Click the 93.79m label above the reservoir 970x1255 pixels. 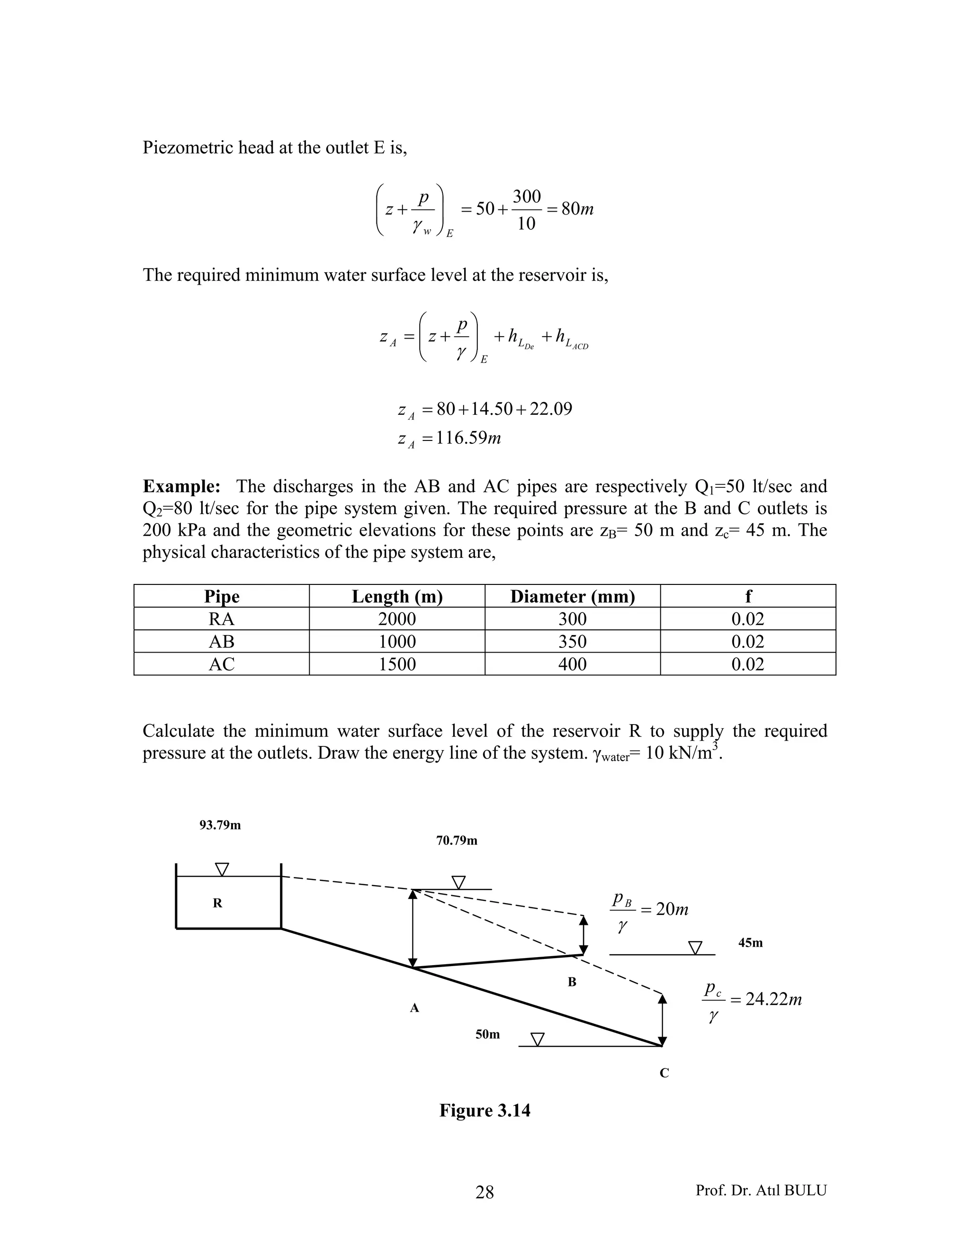tap(220, 825)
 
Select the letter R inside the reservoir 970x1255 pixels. tap(217, 903)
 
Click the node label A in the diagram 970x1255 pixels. tap(414, 1008)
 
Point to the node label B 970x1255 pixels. tap(572, 982)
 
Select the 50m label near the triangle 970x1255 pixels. tap(487, 1034)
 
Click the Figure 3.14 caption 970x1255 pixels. tap(485, 1110)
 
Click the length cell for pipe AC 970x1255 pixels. tap(396, 664)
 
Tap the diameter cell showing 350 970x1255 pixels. tap(572, 641)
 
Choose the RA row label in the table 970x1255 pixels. tap(221, 619)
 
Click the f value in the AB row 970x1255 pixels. tap(747, 641)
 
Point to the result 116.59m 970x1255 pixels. tap(468, 438)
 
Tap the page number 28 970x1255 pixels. tap(485, 1192)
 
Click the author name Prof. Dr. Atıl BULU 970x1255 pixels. tap(761, 1190)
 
